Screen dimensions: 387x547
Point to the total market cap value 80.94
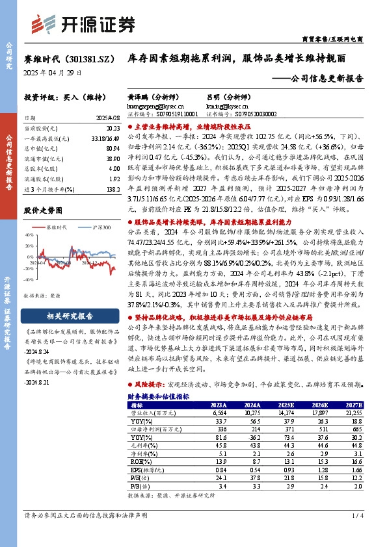click(111, 149)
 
